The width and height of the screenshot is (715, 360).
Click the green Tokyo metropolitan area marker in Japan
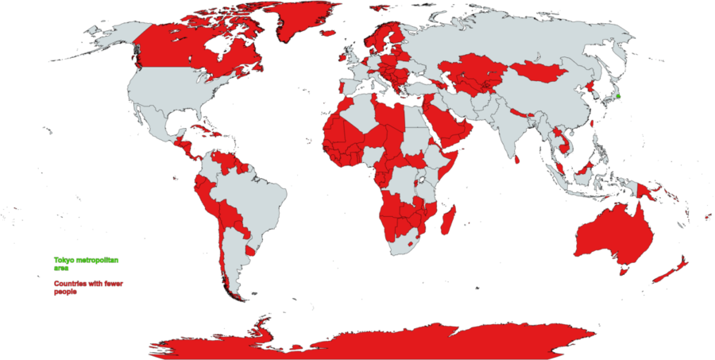[618, 97]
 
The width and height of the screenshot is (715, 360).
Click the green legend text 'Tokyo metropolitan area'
[84, 263]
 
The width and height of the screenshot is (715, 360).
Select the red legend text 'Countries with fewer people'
[87, 288]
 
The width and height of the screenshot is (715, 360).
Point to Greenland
[306, 24]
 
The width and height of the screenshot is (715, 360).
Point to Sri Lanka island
[518, 159]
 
